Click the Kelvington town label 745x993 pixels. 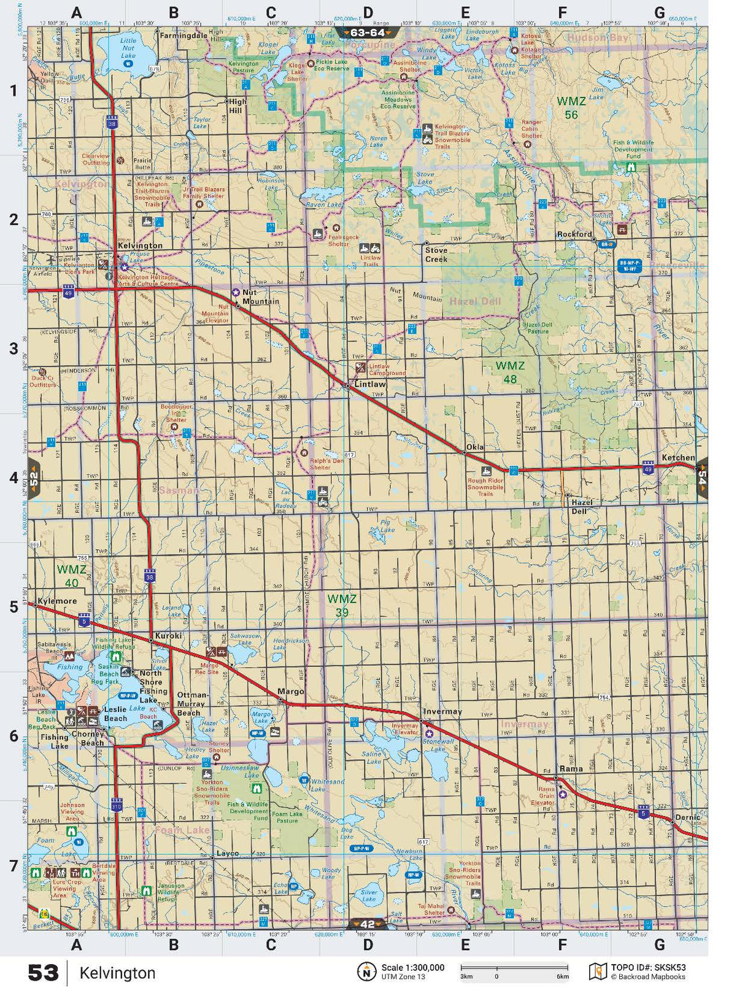pyautogui.click(x=140, y=245)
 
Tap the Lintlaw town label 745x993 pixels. pyautogui.click(x=370, y=384)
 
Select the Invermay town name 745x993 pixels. pyautogui.click(x=442, y=711)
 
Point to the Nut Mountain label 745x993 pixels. pyautogui.click(x=260, y=297)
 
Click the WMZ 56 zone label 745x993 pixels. pyautogui.click(x=571, y=107)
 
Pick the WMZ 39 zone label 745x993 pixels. pyautogui.click(x=342, y=605)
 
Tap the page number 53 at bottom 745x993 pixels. pyautogui.click(x=43, y=973)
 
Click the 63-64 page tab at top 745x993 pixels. pyautogui.click(x=368, y=33)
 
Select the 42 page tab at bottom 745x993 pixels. pyautogui.click(x=368, y=924)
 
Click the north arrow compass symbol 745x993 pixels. pyautogui.click(x=366, y=972)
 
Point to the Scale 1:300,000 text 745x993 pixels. pyautogui.click(x=412, y=968)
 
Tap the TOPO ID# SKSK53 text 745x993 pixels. pyautogui.click(x=648, y=968)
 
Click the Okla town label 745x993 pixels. pyautogui.click(x=475, y=447)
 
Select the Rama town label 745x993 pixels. pyautogui.click(x=571, y=768)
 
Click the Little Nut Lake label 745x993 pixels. pyautogui.click(x=128, y=48)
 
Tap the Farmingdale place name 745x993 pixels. pyautogui.click(x=183, y=36)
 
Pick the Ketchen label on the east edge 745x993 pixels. pyautogui.click(x=678, y=458)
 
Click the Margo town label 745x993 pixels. pyautogui.click(x=290, y=691)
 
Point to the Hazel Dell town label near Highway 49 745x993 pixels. pyautogui.click(x=582, y=506)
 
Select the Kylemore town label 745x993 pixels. pyautogui.click(x=57, y=601)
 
